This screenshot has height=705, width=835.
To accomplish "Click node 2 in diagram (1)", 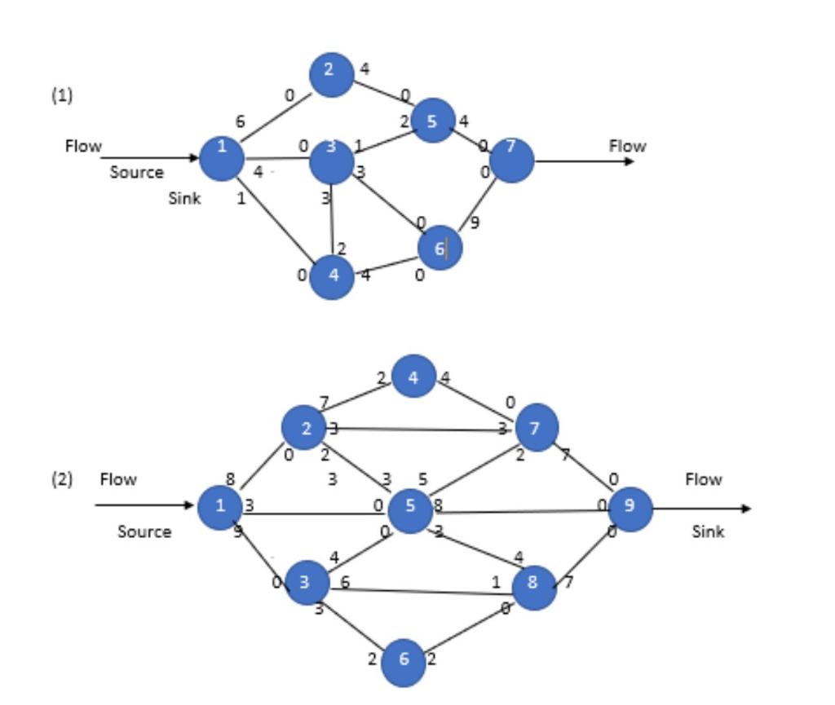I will tap(331, 74).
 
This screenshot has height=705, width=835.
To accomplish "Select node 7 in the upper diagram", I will tap(511, 161).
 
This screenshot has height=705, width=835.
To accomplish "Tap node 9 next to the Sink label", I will tap(630, 508).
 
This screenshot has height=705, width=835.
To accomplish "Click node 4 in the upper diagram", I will tap(332, 276).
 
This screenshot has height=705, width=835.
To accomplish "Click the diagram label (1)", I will tap(62, 95).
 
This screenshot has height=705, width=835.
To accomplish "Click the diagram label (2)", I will tap(62, 479).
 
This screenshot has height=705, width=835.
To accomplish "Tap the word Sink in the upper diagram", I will tap(184, 198).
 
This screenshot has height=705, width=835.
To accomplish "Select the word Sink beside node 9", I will tap(708, 531).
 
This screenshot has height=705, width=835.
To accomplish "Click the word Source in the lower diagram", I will tap(144, 531).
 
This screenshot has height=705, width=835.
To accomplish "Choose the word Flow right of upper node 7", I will tap(627, 146).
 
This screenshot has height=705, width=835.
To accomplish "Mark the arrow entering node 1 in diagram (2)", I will tap(147, 505).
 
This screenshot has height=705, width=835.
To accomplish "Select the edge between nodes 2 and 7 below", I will tap(420, 429).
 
